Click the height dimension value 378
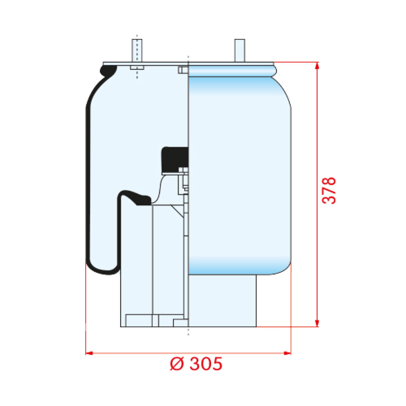pyautogui.click(x=329, y=190)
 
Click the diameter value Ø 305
pyautogui.click(x=196, y=369)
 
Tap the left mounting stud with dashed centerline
pyautogui.click(x=137, y=50)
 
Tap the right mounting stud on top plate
pyautogui.click(x=240, y=50)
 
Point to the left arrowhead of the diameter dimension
pyautogui.click(x=89, y=353)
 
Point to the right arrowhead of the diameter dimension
pyautogui.click(x=287, y=353)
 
